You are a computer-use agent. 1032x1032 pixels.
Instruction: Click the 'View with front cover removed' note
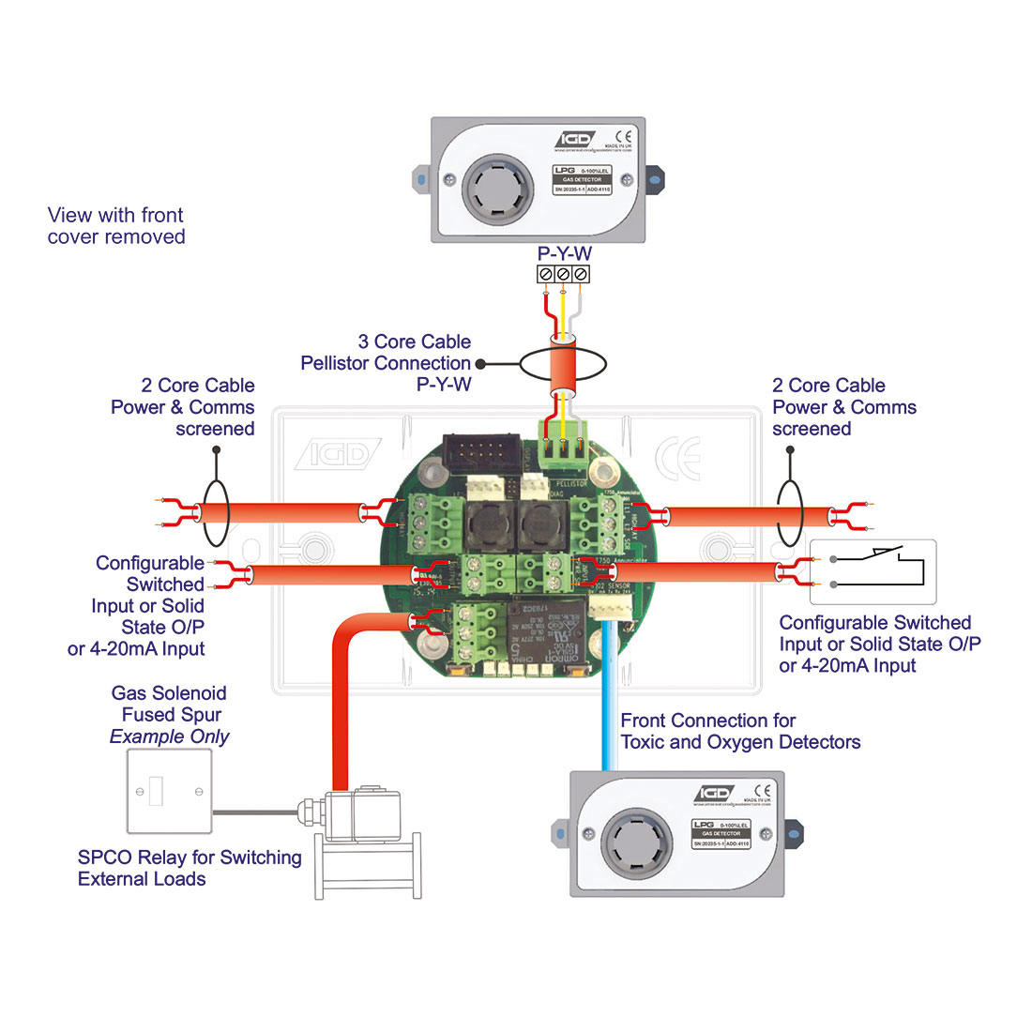click(116, 226)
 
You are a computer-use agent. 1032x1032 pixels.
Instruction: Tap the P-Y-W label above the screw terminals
click(564, 253)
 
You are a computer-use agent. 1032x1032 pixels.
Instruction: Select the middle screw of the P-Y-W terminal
click(563, 274)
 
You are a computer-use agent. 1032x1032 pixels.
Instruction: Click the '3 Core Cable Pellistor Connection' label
click(387, 363)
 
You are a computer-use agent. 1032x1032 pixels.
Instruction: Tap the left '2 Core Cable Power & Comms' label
click(183, 407)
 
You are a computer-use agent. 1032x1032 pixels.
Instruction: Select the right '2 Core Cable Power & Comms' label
click(843, 407)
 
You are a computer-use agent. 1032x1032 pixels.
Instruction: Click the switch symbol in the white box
click(873, 570)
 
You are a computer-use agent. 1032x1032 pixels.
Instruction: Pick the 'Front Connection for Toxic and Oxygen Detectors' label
click(740, 732)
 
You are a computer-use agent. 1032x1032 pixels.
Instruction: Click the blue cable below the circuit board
click(608, 704)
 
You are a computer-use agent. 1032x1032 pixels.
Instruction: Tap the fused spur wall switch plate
click(170, 791)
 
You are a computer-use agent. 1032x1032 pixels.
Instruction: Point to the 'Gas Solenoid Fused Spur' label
click(170, 714)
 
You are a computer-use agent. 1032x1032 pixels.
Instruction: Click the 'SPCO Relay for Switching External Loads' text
click(190, 868)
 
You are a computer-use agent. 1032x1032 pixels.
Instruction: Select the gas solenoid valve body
click(361, 816)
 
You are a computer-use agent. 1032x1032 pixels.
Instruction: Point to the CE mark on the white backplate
click(677, 459)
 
